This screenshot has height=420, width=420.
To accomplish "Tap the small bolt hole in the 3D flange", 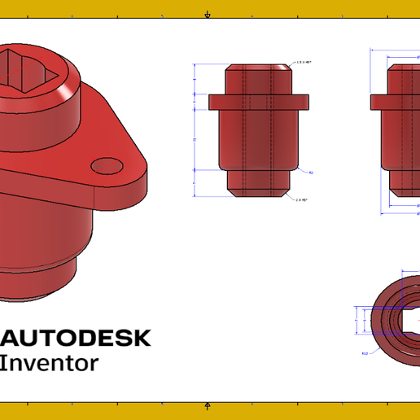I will (107, 166).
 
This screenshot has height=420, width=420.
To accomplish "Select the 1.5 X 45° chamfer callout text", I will (304, 62).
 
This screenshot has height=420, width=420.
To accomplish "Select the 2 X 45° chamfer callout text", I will (301, 199).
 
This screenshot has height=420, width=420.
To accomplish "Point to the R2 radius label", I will (312, 173).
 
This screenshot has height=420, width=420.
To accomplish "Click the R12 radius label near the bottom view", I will (365, 353).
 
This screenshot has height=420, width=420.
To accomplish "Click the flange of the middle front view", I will (260, 102).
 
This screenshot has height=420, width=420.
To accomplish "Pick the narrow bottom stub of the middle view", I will (260, 182).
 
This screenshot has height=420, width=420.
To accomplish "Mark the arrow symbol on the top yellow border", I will (208, 14).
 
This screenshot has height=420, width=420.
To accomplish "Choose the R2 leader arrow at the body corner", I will (303, 168).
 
